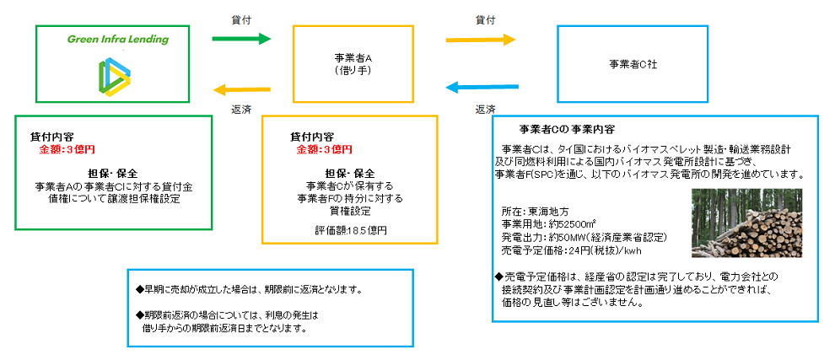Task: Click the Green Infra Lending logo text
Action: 118,40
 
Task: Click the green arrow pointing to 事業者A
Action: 240,39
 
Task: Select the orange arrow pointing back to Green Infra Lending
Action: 240,86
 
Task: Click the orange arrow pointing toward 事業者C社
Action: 480,39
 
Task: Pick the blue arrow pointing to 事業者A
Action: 480,86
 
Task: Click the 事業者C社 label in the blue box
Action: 633,64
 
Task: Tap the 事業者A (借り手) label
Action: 353,64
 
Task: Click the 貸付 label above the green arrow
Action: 240,17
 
